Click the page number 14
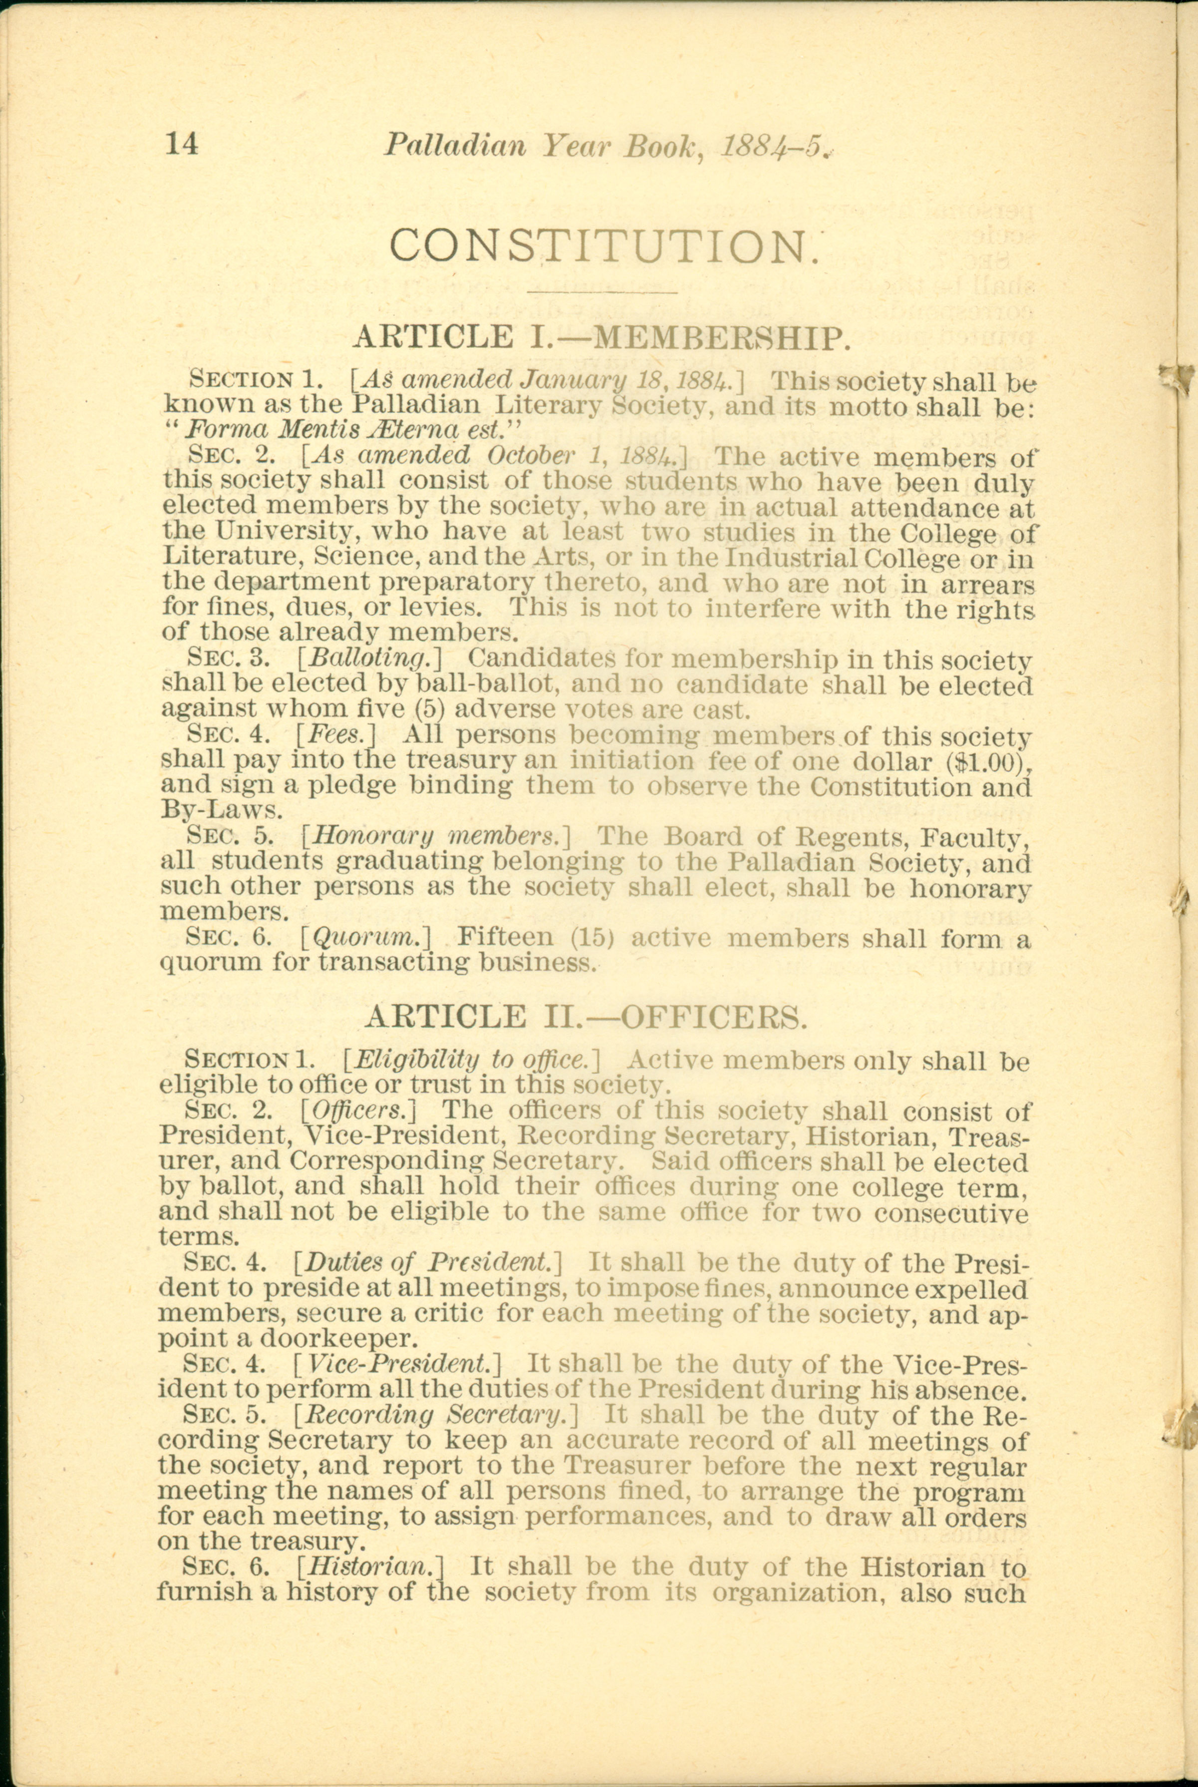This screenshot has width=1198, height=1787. [182, 144]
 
